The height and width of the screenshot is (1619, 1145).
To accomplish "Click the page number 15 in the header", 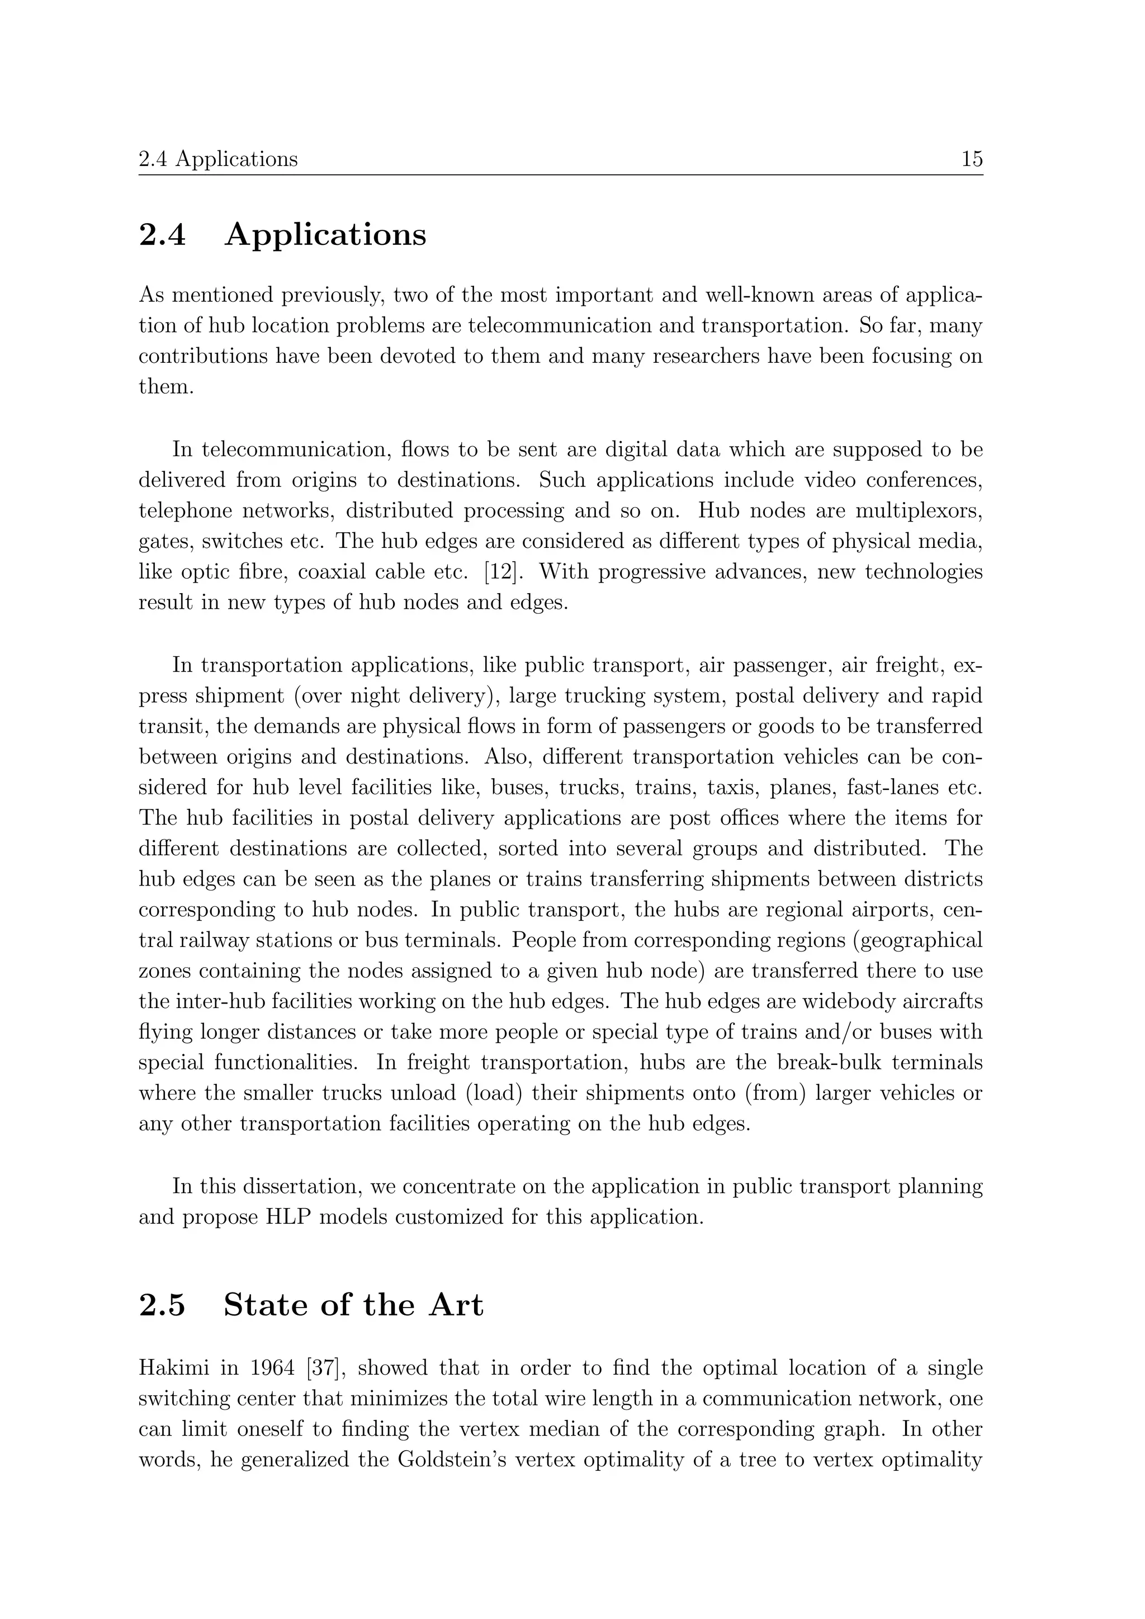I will pyautogui.click(x=972, y=159).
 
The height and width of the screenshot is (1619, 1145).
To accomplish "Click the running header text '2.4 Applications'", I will pyautogui.click(x=218, y=159).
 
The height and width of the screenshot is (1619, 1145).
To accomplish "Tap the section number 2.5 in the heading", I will pyautogui.click(x=162, y=1305).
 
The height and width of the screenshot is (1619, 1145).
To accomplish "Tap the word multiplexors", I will pyautogui.click(x=919, y=510).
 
